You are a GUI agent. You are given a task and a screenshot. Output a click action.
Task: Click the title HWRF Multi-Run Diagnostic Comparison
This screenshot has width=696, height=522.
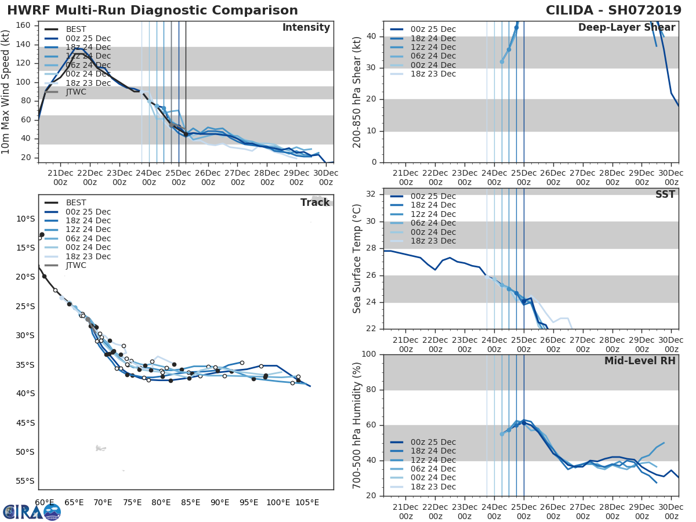pos(153,10)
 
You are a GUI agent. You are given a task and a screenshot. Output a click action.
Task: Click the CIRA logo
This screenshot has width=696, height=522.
pos(32,512)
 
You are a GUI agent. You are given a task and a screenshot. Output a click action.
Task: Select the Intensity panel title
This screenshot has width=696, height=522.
pos(306,28)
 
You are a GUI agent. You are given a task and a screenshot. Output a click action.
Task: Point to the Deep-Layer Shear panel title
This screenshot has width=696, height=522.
pos(626,28)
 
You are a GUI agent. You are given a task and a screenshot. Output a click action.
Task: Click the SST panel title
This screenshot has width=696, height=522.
pos(665,194)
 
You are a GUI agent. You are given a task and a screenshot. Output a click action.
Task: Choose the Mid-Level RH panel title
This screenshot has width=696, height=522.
pos(640,361)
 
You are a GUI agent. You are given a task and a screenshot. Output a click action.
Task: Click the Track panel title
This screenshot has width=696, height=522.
pos(315,202)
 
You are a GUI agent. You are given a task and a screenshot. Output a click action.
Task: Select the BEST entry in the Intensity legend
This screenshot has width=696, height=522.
pos(76,29)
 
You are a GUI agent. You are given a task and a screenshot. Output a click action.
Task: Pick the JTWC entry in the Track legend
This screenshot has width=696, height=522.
pos(76,265)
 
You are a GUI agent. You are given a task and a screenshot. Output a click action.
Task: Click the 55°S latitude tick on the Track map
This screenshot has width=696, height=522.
pos(25,481)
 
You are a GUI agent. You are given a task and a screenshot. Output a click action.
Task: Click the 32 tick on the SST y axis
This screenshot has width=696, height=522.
pos(371,194)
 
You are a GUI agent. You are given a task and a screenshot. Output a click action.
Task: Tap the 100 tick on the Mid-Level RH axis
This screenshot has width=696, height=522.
pos(368,354)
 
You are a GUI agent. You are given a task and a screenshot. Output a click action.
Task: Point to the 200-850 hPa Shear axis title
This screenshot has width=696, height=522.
pos(357,92)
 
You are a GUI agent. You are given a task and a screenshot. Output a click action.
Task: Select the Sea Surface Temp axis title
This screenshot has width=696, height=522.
pos(357,259)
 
